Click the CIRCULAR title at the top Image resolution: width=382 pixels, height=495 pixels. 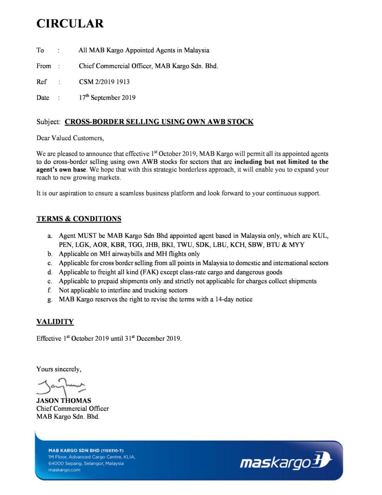tap(70, 23)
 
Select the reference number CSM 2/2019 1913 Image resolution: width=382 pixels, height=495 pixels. tap(104, 82)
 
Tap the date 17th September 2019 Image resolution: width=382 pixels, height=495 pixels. tap(107, 97)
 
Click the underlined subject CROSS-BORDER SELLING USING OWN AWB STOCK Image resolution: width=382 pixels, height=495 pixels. tap(159, 122)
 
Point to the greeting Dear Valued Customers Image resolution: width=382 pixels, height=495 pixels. tap(70, 138)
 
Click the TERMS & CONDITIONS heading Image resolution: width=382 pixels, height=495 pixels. tap(79, 219)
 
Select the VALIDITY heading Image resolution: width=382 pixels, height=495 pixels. tap(55, 321)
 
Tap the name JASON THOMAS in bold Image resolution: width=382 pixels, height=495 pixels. tap(63, 401)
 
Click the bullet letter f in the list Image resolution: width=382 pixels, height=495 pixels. tap(49, 291)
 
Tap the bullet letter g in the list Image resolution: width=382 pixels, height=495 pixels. tap(50, 300)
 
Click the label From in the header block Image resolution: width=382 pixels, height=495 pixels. tap(43, 66)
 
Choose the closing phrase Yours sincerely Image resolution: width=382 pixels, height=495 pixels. tap(59, 369)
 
